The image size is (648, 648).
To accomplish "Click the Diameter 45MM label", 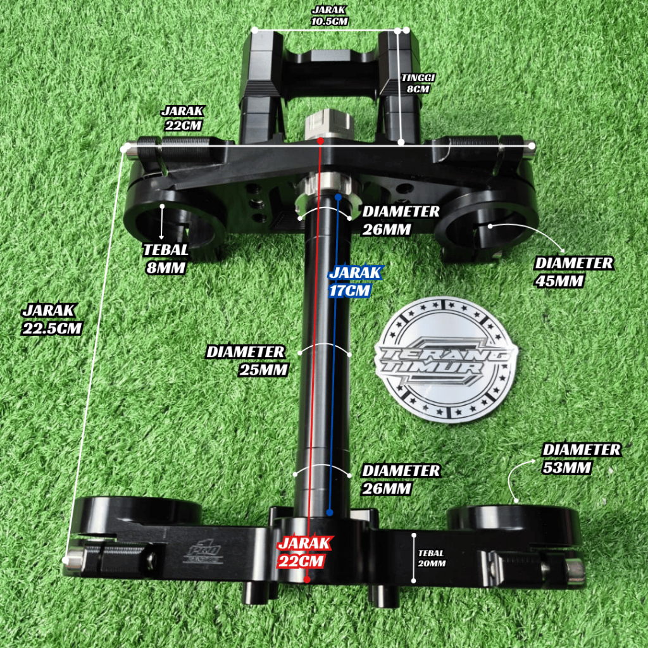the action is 573,271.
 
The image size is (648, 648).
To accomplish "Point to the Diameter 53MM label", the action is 581,458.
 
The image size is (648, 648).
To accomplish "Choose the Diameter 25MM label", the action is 247,360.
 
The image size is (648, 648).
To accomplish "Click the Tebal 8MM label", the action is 165,258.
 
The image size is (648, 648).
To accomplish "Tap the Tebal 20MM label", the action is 432,558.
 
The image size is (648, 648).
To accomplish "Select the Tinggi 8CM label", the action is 418,83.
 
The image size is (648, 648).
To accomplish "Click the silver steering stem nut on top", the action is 327,124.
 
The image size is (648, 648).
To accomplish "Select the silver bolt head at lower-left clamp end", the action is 75,559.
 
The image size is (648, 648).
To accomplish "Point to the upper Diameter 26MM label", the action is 400,220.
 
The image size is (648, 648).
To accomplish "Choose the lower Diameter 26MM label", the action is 400,480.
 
